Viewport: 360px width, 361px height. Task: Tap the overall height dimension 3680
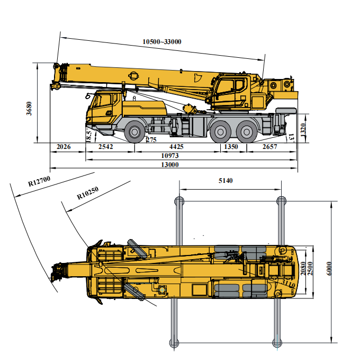click(x=30, y=109)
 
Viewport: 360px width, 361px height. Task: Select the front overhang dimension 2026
click(x=63, y=147)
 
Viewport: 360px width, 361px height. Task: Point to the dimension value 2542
click(x=106, y=147)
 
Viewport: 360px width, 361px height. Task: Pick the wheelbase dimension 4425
click(x=176, y=147)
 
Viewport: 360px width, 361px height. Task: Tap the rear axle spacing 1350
click(x=231, y=147)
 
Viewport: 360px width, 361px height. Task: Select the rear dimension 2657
click(x=270, y=147)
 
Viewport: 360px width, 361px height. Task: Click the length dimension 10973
click(x=170, y=156)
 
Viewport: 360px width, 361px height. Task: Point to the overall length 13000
click(x=170, y=165)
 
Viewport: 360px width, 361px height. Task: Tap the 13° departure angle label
click(x=291, y=137)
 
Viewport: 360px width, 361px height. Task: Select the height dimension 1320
click(x=303, y=130)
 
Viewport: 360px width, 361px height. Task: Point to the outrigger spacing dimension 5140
click(x=226, y=181)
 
